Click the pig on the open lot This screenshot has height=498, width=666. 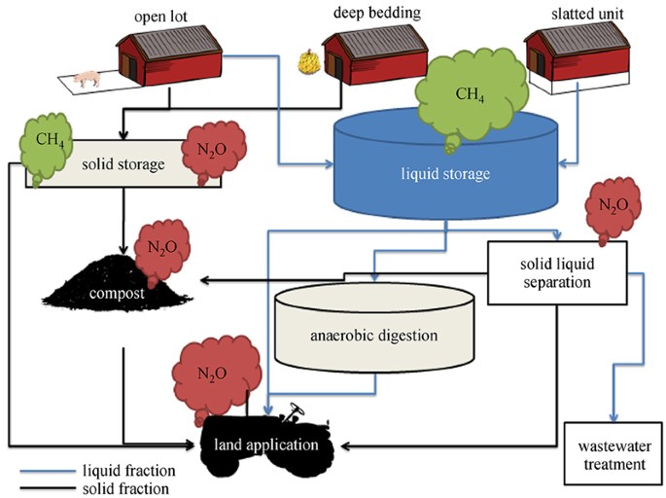88,79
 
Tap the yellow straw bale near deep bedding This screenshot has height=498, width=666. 309,62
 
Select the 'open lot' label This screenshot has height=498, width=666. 160,17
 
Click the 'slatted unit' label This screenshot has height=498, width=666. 587,14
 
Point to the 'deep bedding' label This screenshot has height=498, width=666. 377,13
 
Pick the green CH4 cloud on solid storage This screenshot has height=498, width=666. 46,147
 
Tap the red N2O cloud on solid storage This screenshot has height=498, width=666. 214,151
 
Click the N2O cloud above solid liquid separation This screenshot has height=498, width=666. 613,208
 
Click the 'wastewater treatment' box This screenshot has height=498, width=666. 613,453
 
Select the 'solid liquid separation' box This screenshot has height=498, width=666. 557,272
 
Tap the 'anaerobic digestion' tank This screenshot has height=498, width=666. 374,327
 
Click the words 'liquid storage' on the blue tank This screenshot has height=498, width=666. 445,173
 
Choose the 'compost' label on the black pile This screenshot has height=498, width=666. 117,293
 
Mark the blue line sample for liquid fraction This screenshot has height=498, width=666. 47,471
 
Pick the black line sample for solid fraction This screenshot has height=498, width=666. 47,488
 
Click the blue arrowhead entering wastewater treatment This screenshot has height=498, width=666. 613,417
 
